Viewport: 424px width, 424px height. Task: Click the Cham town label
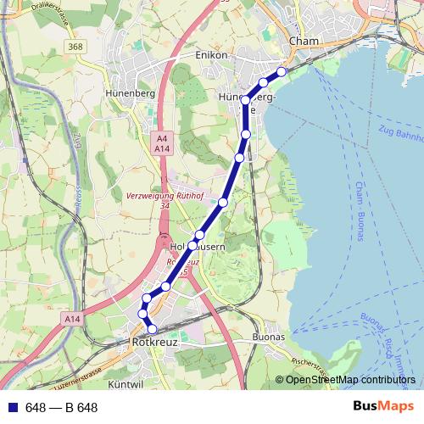click(x=303, y=41)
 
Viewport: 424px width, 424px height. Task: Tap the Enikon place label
click(x=212, y=55)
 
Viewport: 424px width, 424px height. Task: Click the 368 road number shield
click(x=77, y=47)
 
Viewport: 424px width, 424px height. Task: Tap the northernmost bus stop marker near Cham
click(x=282, y=71)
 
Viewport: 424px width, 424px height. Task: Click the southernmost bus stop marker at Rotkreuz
click(x=153, y=328)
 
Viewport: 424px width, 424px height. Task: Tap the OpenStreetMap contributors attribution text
click(x=349, y=380)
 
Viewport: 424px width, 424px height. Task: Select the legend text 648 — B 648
click(x=61, y=408)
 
